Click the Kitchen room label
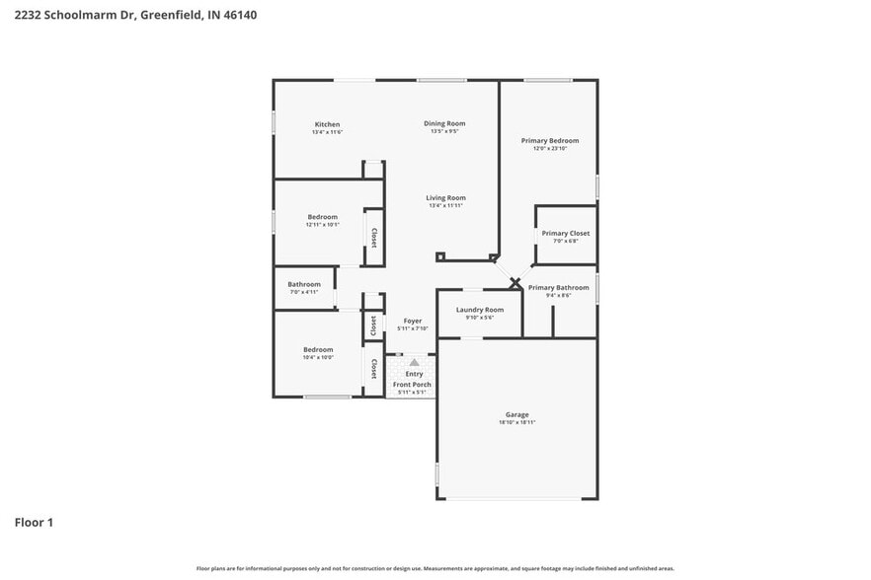[x=327, y=124]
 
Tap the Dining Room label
[x=444, y=123]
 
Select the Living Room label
[x=446, y=197]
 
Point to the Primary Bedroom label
[x=550, y=141]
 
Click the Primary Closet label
[x=566, y=233]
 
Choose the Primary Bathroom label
[x=558, y=287]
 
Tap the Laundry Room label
[x=480, y=310]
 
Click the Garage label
[x=517, y=414]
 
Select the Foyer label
[x=412, y=321]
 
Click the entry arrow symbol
[x=414, y=363]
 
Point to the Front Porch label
[x=412, y=385]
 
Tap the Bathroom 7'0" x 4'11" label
[x=304, y=284]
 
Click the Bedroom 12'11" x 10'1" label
[x=322, y=217]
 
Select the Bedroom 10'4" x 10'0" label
[x=318, y=349]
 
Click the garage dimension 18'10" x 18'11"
[x=517, y=422]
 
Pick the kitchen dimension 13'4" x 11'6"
[x=327, y=132]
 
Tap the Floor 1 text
[x=34, y=522]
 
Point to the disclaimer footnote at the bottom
[x=435, y=568]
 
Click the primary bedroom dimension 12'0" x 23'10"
[x=550, y=149]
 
